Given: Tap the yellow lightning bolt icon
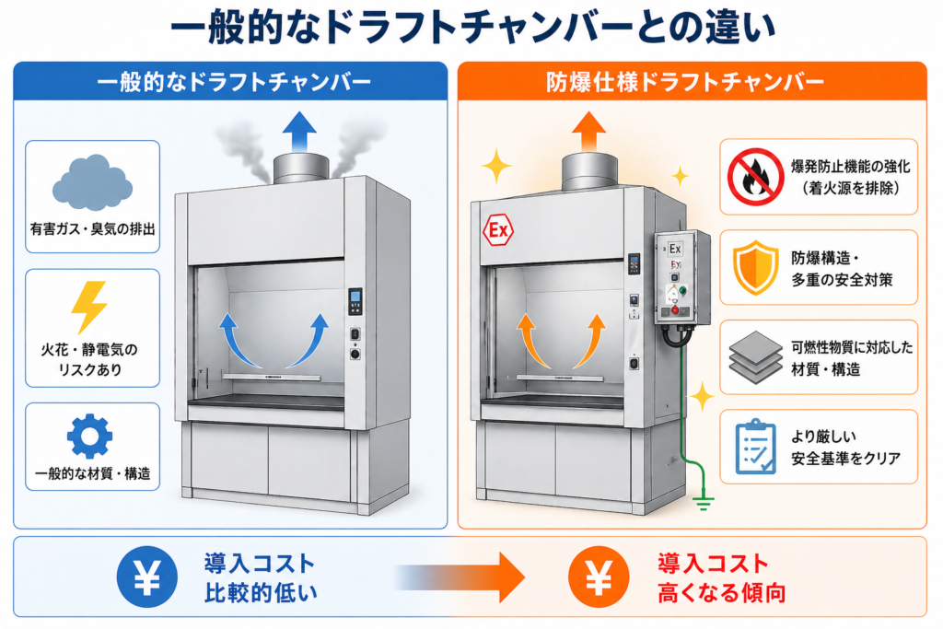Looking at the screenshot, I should tap(92, 307).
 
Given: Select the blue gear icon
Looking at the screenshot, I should tap(91, 436).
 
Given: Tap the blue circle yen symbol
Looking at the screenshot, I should tap(146, 577).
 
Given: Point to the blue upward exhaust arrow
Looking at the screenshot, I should tap(298, 130).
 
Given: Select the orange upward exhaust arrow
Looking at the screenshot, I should tap(588, 130).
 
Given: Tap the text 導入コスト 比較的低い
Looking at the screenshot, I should tap(260, 577).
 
